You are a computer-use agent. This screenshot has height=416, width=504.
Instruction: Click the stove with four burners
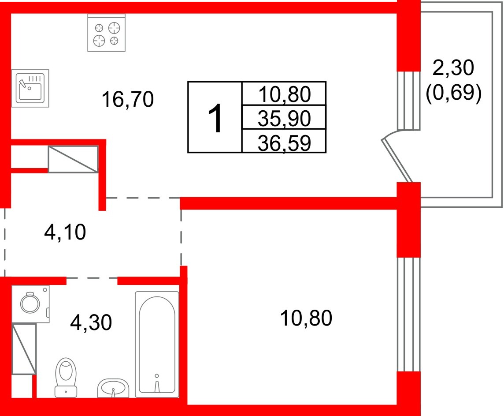click(107, 33)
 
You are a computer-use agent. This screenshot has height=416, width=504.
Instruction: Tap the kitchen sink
click(30, 88)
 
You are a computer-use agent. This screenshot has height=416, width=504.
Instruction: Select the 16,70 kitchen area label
click(127, 99)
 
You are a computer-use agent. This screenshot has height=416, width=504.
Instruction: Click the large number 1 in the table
click(215, 118)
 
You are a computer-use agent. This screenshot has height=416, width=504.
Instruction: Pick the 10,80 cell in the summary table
click(284, 94)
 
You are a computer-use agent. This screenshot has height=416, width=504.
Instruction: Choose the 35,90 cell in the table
click(284, 118)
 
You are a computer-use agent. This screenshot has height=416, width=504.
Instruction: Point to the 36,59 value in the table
click(284, 142)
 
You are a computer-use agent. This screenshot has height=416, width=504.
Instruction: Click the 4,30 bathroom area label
click(91, 322)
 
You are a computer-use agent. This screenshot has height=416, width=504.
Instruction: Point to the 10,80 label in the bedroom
click(306, 318)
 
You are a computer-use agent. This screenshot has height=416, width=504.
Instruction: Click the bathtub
click(157, 344)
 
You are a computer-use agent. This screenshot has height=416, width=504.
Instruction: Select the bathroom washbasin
click(113, 387)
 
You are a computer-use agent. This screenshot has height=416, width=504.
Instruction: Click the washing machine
click(30, 303)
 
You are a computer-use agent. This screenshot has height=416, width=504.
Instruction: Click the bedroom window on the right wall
click(409, 315)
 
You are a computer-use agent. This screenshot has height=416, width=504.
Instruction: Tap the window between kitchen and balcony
click(409, 101)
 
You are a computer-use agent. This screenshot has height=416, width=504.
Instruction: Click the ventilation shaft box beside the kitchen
click(73, 159)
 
